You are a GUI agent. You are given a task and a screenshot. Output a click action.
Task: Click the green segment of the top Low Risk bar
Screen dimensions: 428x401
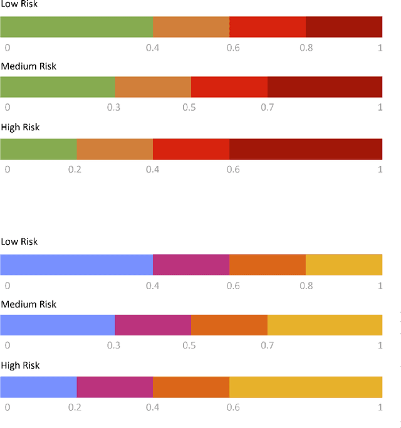[76, 28]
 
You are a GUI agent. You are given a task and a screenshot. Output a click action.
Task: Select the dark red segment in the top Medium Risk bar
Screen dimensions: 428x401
[325, 87]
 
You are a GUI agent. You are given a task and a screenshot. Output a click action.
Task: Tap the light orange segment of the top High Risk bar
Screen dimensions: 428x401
[115, 150]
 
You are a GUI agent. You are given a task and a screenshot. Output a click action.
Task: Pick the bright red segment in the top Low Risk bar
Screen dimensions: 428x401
[268, 28]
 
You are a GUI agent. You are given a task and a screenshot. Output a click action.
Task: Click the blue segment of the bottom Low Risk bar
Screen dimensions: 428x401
[76, 265]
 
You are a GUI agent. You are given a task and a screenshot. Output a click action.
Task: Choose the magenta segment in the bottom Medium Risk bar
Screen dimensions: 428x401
[153, 325]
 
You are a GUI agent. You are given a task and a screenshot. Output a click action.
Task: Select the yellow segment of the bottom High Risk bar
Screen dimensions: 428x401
[306, 387]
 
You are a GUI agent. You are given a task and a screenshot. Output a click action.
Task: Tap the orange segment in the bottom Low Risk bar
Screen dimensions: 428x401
[268, 265]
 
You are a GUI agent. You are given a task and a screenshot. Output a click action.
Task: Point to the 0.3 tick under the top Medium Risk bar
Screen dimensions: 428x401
[113, 108]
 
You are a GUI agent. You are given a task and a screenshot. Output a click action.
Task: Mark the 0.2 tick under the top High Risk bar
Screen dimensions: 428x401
[75, 169]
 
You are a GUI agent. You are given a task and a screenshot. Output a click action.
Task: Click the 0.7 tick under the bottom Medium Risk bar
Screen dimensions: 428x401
[268, 345]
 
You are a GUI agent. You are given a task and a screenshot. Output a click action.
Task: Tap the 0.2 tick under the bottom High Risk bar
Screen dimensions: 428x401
[75, 407]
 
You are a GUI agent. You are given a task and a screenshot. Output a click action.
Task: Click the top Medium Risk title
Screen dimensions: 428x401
[29, 66]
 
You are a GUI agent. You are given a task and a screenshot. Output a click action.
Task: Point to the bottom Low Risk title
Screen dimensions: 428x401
[19, 242]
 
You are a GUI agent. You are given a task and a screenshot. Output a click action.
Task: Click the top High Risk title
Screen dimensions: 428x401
[20, 127]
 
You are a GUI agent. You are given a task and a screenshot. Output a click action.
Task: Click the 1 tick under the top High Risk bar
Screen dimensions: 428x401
[380, 169]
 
